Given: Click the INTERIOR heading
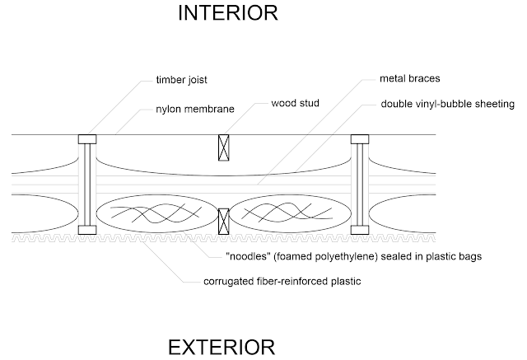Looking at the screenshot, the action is coord(228,13).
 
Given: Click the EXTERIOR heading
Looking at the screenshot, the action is coord(222,347).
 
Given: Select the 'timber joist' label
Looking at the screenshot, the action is coord(181,80).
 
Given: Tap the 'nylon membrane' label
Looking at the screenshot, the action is coord(195,110).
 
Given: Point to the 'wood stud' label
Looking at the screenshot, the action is coord(295,103).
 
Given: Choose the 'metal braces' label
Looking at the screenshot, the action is coord(410,78).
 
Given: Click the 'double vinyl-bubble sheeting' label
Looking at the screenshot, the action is coord(447,104).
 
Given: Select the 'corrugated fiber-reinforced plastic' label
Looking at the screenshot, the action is coord(282,282).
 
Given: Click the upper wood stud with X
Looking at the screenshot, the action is coord(223,147).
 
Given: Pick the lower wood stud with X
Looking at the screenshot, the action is coord(223,221).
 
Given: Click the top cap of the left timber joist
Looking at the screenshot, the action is coord(87,139).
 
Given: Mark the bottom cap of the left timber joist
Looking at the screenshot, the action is coord(87,230).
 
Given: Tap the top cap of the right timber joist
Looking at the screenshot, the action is coord(360,139).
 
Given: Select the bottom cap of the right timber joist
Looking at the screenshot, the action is coord(360,230).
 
